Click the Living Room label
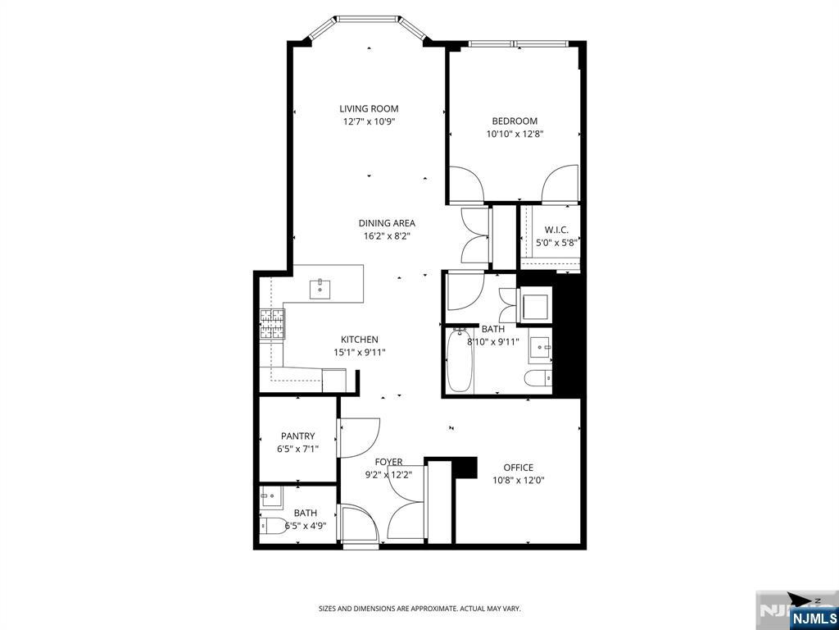369,109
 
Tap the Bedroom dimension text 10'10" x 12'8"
515,134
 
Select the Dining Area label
387,223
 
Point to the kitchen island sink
320,290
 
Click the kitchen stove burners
272,324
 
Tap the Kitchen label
360,340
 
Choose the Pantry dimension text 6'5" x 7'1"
298,449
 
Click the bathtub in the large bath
459,361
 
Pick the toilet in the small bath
273,527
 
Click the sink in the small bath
271,498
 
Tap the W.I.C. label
556,230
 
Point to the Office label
519,468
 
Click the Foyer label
388,463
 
